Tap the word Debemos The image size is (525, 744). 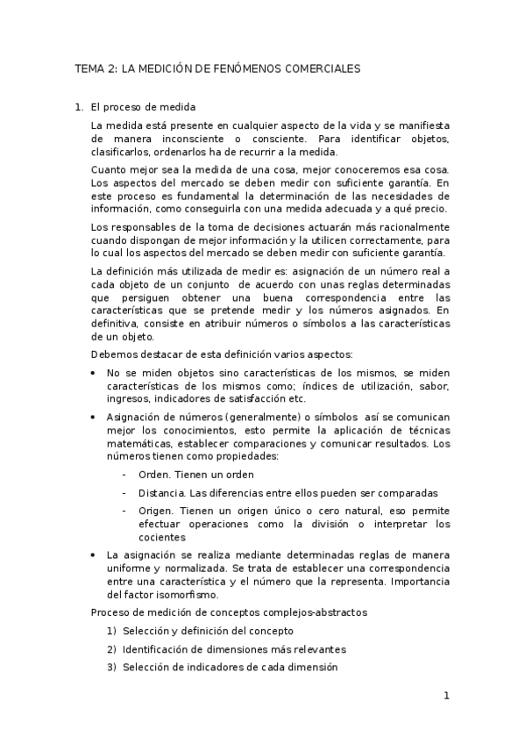(112, 354)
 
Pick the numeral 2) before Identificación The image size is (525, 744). (111, 649)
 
